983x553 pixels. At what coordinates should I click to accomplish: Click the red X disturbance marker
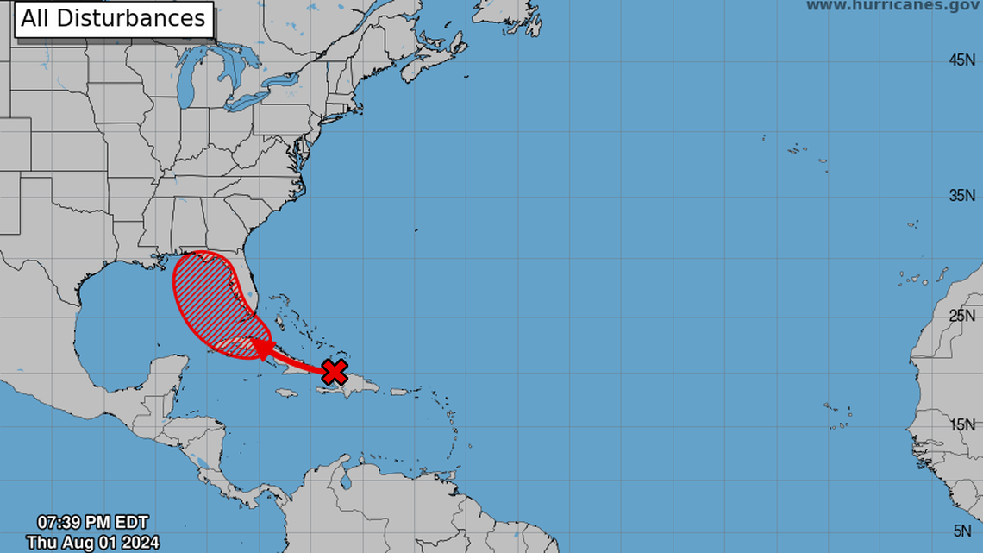point(335,372)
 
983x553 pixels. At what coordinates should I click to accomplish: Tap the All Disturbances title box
point(113,18)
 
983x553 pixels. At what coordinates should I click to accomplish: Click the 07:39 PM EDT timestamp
point(92,522)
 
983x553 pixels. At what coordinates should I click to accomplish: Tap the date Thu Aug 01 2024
point(87,542)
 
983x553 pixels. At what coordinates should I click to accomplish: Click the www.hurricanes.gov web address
point(892,6)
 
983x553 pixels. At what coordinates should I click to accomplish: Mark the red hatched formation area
point(207,293)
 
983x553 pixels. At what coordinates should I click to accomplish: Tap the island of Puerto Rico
point(399,392)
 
